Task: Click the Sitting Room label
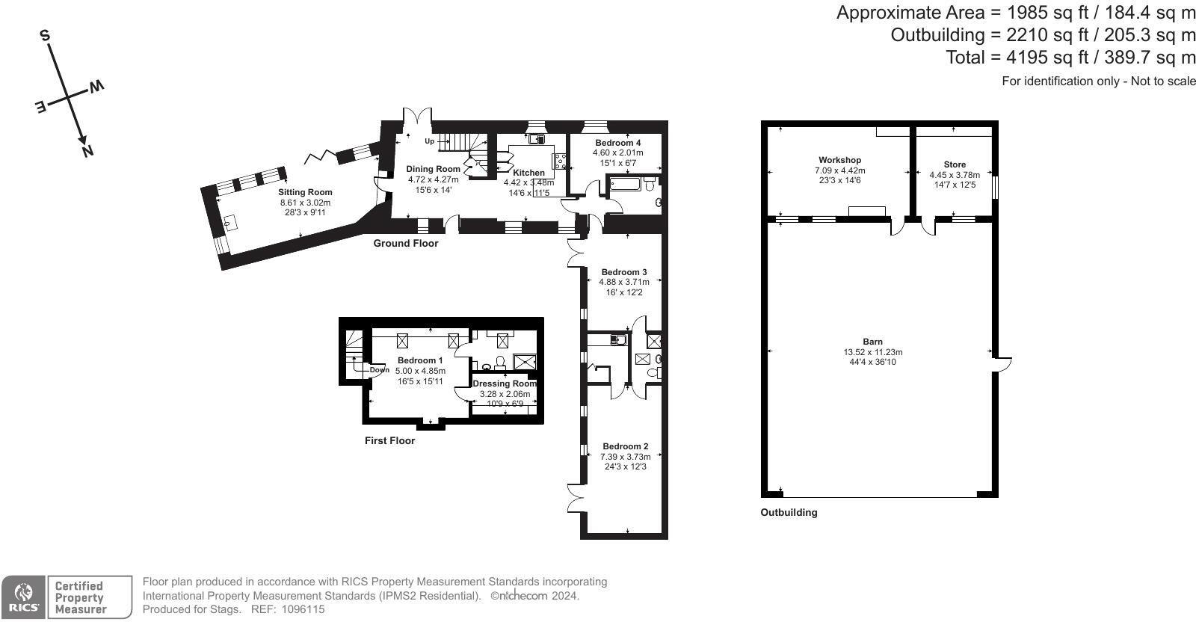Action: coord(305,192)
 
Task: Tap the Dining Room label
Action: coord(433,169)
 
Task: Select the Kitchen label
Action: coord(528,173)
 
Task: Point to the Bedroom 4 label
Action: coord(617,143)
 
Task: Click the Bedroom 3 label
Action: coord(624,272)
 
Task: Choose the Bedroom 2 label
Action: coord(625,446)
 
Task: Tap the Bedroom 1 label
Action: coord(419,360)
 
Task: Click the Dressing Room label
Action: coord(505,384)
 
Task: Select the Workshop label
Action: coord(840,160)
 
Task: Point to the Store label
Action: coord(955,164)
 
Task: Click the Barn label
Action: coord(873,342)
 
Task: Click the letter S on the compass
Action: coord(46,36)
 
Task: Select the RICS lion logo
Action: coord(23,597)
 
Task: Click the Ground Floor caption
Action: coord(406,244)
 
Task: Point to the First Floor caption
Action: coord(389,440)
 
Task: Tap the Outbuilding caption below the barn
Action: coord(789,513)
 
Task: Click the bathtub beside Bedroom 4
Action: coord(625,185)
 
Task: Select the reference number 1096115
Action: coord(303,609)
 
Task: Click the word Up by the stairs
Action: coord(429,141)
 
